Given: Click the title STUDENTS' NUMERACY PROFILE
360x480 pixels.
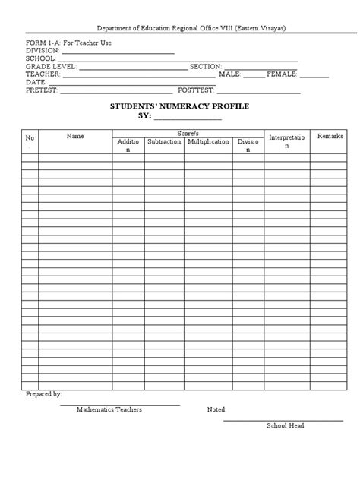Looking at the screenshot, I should [x=179, y=106].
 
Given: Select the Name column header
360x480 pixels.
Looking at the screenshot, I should [x=75, y=136].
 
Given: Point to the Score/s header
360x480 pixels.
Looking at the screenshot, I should [x=187, y=133].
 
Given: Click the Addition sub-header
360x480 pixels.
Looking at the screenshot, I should [x=128, y=146].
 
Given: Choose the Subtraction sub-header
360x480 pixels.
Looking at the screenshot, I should [x=164, y=142].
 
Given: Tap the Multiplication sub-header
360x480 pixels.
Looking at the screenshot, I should [x=208, y=142].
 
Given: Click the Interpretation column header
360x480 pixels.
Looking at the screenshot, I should [x=286, y=141].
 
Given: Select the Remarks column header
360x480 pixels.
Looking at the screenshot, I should [x=330, y=136].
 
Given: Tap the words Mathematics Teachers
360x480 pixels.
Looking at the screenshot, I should [x=109, y=409].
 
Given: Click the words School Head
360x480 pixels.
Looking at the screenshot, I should [x=285, y=425].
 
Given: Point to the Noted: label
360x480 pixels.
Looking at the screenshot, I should [x=216, y=409].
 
